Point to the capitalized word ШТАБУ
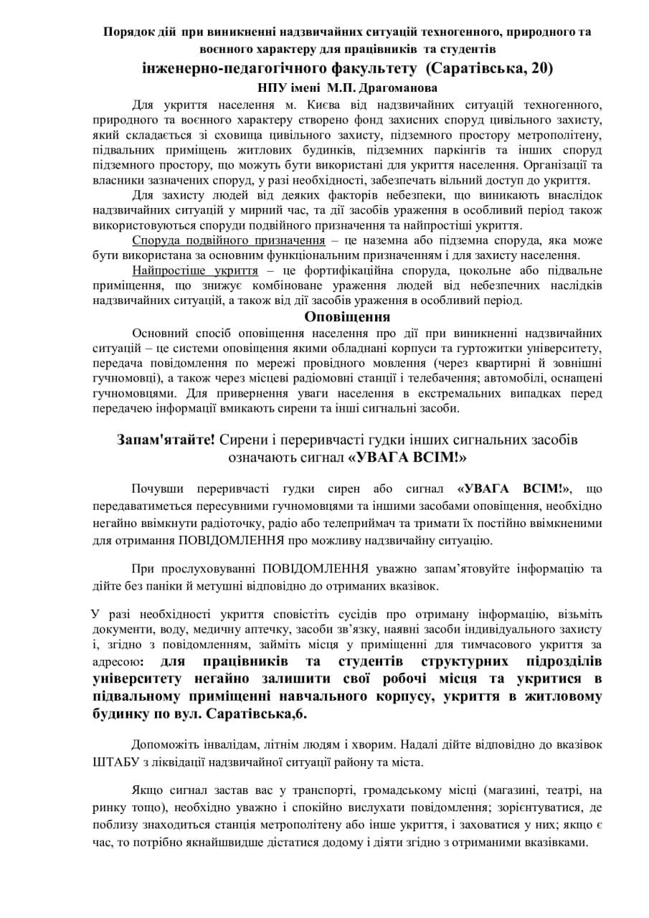coord(115,762)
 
